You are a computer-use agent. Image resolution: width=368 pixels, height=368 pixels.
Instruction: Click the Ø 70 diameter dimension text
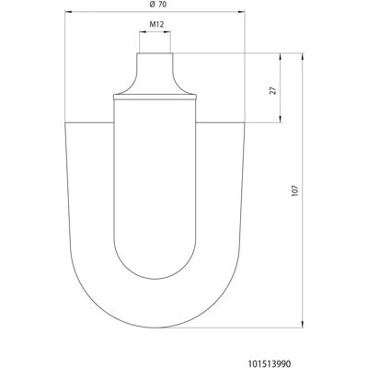click(x=157, y=5)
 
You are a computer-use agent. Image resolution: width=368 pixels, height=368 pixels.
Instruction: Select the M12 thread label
click(x=156, y=25)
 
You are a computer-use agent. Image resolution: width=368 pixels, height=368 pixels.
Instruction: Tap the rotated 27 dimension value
click(x=273, y=90)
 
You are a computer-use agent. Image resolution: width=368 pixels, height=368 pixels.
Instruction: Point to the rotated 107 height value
click(x=295, y=190)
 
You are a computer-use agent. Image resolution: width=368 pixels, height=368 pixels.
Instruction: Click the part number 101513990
click(x=270, y=363)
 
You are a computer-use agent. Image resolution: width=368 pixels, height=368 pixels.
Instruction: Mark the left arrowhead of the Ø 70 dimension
click(x=68, y=12)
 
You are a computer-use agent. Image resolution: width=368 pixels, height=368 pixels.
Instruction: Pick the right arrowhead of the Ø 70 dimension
click(x=242, y=12)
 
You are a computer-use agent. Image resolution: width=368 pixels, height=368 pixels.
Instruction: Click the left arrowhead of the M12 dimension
click(x=143, y=31)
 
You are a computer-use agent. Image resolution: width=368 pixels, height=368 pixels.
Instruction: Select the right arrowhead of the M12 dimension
click(x=167, y=31)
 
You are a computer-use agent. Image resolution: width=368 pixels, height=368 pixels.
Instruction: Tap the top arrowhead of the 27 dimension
click(x=281, y=56)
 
